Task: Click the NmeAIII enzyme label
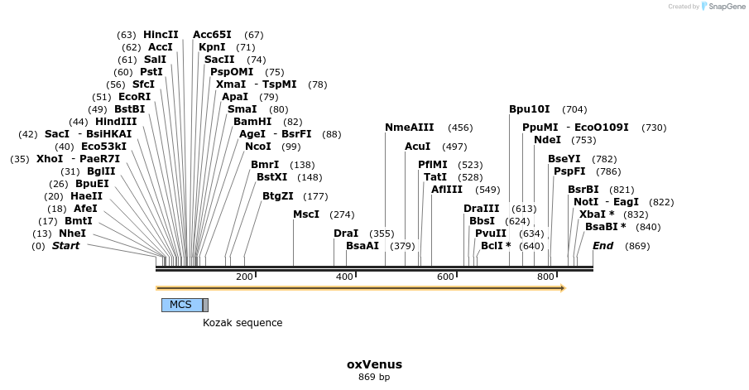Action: (x=409, y=128)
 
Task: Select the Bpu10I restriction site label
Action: (x=529, y=109)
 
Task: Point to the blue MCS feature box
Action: (x=181, y=305)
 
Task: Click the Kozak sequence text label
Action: (x=242, y=323)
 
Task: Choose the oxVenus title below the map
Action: (x=374, y=364)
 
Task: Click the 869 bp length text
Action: (x=374, y=378)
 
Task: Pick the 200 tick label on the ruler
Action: (x=244, y=277)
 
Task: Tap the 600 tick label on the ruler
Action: (x=445, y=277)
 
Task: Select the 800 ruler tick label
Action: (x=545, y=277)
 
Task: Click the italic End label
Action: (x=603, y=246)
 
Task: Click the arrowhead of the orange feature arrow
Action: (x=562, y=288)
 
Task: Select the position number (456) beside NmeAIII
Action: (x=460, y=128)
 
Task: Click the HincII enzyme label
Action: (x=161, y=35)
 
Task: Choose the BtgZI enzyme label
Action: (x=277, y=196)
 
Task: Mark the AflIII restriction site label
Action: (x=447, y=190)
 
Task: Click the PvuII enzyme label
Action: (x=490, y=234)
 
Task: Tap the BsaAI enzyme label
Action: (x=362, y=246)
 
